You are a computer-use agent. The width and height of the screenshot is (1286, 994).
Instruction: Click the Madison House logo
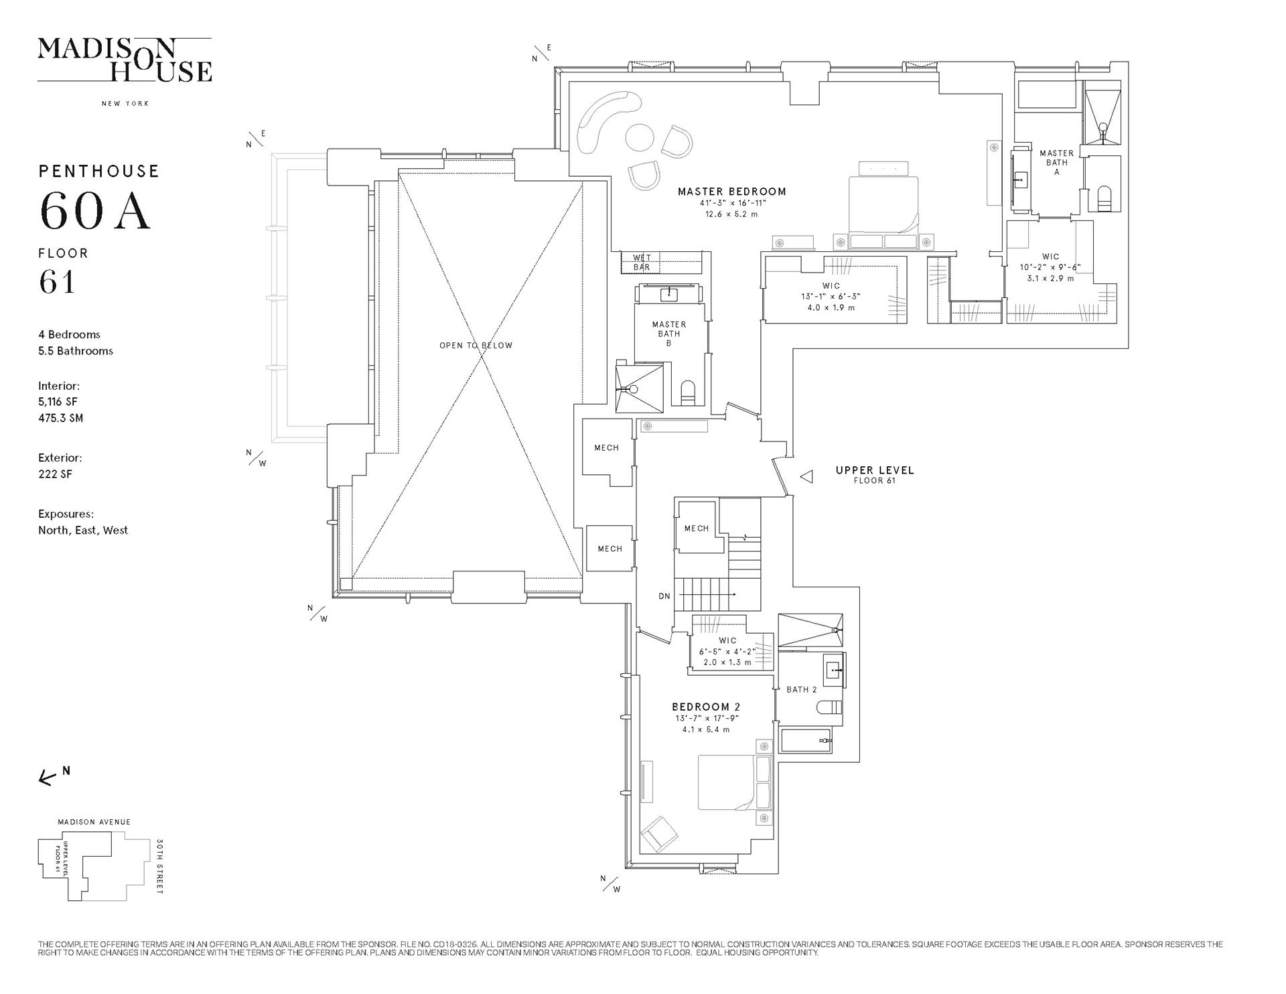coord(125,60)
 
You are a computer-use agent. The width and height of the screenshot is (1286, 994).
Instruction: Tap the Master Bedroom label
coord(731,192)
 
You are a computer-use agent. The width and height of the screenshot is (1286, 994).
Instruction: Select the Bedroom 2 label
coord(706,707)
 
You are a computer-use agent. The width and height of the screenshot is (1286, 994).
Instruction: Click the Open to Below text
coord(476,346)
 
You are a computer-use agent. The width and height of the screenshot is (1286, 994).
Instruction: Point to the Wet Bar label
coord(642,263)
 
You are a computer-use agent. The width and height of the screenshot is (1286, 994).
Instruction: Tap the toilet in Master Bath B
coord(688,393)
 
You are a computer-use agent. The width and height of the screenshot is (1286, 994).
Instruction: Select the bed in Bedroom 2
coord(735,782)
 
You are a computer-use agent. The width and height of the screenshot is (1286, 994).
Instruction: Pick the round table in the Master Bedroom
coord(639,139)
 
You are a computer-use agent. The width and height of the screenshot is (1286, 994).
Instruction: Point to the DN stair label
coord(664,596)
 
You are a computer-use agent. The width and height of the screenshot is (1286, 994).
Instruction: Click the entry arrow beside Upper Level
coord(807,477)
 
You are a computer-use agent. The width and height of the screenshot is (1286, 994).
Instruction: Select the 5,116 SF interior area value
coord(58,402)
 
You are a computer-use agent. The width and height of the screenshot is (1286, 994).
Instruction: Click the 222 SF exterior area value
coord(55,474)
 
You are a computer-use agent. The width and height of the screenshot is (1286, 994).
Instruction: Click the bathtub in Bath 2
coord(806,740)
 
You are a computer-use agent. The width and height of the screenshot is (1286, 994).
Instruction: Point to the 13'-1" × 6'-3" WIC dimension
coord(831,296)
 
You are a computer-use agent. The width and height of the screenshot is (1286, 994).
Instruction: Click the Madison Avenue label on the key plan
coord(94,822)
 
